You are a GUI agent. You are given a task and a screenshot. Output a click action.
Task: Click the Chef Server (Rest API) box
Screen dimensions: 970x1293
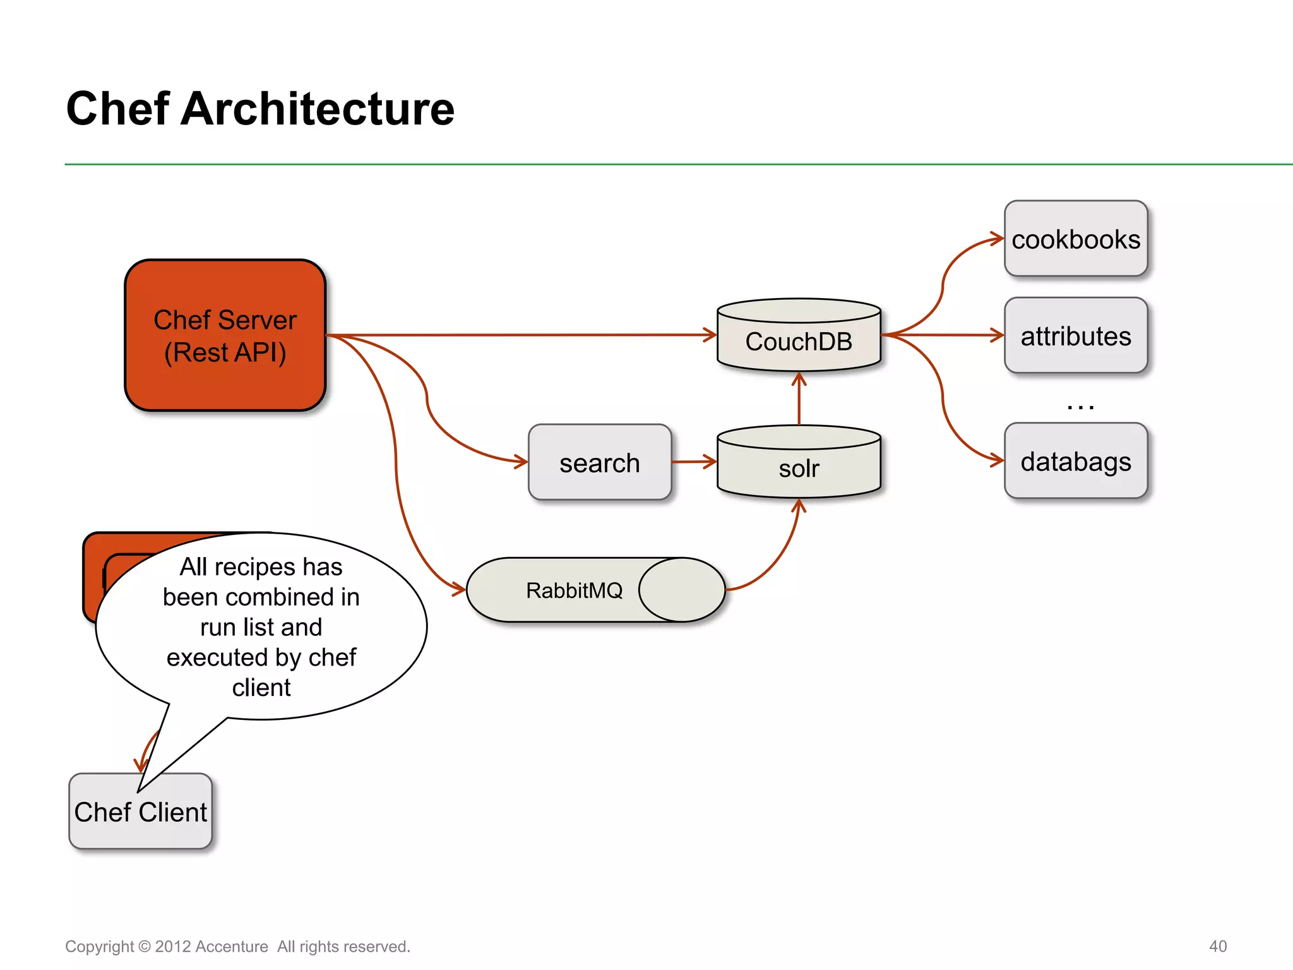[225, 335]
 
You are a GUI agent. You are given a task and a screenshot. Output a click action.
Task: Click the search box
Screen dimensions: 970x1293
[599, 462]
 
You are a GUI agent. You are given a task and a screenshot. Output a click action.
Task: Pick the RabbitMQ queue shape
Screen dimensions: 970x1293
[575, 590]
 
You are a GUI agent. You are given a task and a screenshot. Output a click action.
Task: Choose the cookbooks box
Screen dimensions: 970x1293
[1075, 239]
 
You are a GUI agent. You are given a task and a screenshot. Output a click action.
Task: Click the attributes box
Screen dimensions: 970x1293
[1075, 335]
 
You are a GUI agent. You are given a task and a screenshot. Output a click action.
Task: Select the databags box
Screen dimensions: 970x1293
[1075, 461]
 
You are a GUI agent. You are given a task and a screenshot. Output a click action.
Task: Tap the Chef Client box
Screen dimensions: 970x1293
[140, 811]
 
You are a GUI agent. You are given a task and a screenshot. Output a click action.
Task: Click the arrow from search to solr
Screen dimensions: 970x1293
[693, 462]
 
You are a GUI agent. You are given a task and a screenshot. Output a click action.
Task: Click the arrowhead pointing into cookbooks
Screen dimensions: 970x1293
[998, 239]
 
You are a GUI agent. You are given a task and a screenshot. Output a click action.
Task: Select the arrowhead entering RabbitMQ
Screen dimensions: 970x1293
[459, 590]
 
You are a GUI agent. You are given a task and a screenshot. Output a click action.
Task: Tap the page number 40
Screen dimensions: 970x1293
[1217, 946]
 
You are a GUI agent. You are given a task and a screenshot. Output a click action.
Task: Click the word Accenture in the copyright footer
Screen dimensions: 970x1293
[232, 947]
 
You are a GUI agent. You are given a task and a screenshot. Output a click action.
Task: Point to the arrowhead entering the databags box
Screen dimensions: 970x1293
[998, 460]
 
